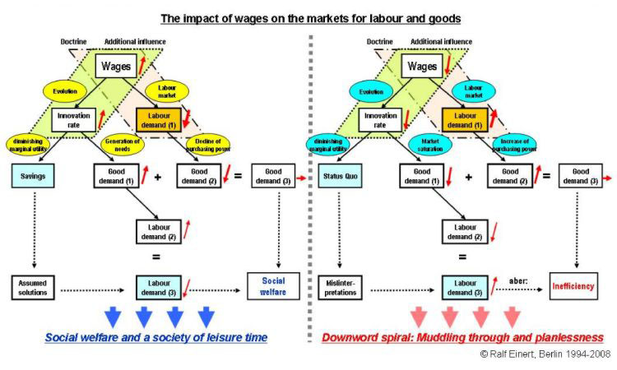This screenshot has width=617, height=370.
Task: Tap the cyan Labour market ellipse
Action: (473, 92)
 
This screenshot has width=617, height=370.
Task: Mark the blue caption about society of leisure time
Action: (157, 338)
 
